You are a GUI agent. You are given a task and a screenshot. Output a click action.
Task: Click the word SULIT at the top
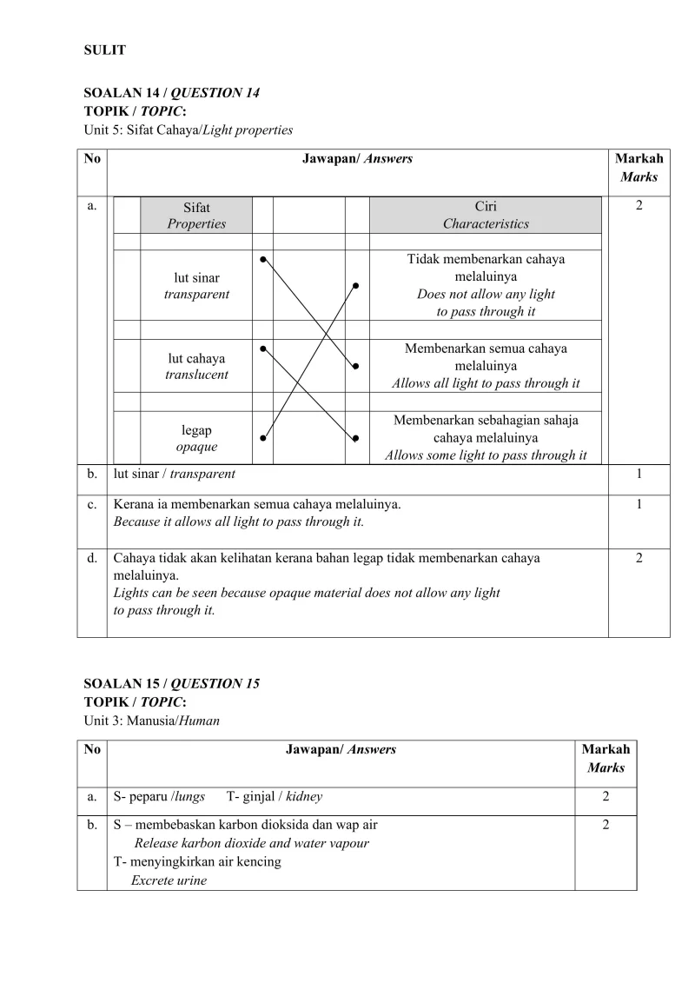click(x=104, y=50)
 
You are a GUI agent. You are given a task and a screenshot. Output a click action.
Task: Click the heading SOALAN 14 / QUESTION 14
click(x=171, y=93)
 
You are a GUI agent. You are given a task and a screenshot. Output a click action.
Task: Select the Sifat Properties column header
click(x=196, y=216)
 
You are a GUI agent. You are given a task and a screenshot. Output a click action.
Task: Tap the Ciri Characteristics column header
click(x=486, y=216)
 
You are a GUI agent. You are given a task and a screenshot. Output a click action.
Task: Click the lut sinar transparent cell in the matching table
click(x=196, y=286)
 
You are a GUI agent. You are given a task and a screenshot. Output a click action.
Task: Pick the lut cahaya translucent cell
click(x=196, y=367)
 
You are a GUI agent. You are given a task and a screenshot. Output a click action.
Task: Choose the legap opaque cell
click(x=196, y=439)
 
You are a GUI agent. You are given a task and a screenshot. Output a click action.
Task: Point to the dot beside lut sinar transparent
click(x=262, y=258)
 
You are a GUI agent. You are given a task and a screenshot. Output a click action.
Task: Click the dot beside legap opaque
click(x=262, y=438)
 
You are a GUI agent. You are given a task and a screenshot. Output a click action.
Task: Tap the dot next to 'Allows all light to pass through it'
click(x=355, y=366)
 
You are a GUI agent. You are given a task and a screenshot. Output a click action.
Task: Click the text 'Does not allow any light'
click(x=486, y=294)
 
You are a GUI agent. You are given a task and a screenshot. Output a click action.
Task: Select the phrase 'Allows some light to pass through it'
click(x=486, y=455)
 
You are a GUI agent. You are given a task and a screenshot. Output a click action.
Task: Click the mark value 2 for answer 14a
click(x=639, y=207)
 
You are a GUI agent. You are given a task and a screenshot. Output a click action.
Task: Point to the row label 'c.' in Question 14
click(x=92, y=504)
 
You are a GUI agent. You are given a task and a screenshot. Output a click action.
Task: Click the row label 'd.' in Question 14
click(x=92, y=558)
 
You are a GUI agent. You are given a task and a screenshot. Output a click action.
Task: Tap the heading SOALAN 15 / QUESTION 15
click(x=171, y=684)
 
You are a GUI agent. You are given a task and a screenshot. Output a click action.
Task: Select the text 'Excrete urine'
click(x=169, y=880)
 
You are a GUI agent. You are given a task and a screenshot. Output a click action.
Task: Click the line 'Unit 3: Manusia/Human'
click(x=151, y=721)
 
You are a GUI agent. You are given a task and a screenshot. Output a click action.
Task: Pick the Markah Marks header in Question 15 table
click(x=606, y=758)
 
